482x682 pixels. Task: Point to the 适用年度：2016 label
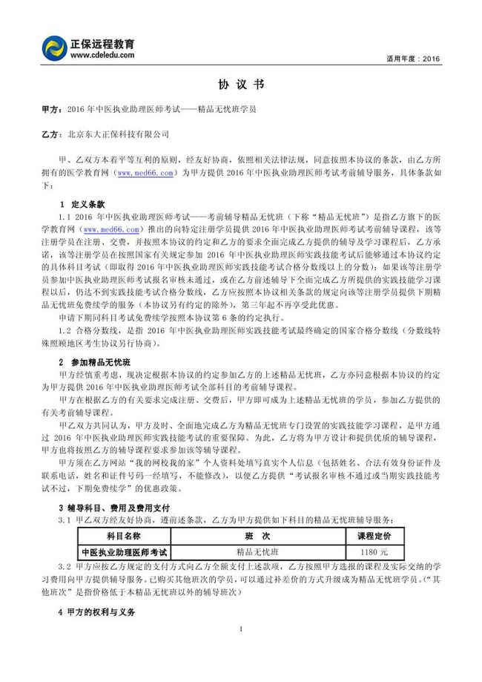[x=413, y=58]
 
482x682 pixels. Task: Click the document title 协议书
[x=241, y=85]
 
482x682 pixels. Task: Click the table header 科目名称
[x=124, y=536]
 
